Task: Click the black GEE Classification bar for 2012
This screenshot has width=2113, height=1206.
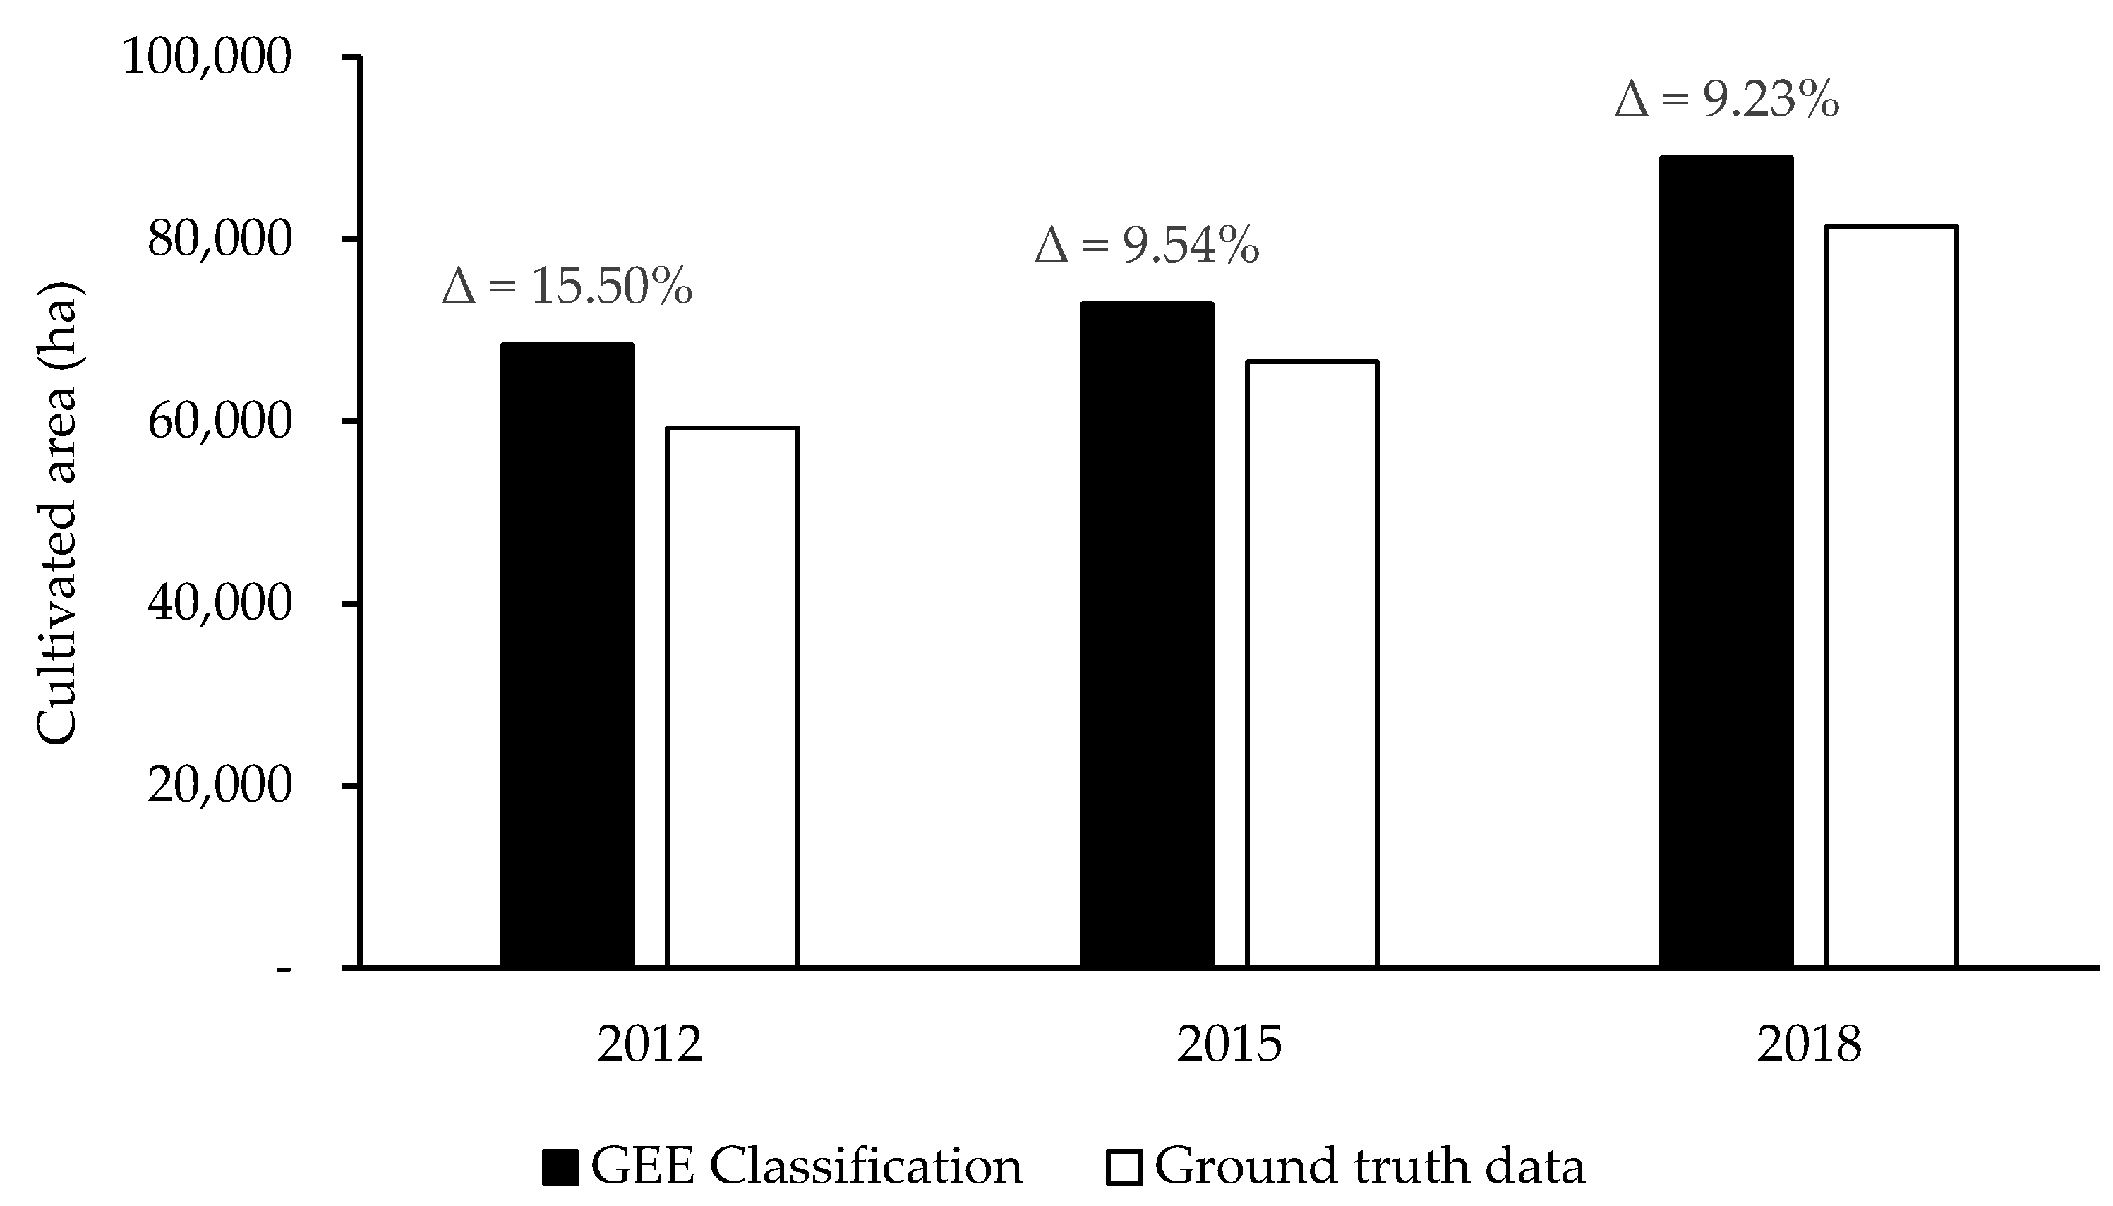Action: point(567,654)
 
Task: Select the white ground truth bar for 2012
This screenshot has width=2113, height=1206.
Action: point(733,697)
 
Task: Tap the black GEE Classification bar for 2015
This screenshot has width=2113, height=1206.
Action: point(1148,634)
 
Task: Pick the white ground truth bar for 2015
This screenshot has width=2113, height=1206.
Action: point(1312,663)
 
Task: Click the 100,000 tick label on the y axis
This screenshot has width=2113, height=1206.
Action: point(207,58)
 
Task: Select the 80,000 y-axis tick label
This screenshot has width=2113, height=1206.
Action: point(219,239)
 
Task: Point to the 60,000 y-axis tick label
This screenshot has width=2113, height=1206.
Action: point(219,421)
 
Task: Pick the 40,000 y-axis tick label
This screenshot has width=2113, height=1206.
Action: point(219,604)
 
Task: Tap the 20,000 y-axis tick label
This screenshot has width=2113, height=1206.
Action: point(219,785)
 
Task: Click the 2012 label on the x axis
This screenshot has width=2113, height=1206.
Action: point(649,1045)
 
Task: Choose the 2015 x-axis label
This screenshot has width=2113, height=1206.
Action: point(1229,1045)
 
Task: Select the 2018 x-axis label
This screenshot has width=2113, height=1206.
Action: point(1809,1045)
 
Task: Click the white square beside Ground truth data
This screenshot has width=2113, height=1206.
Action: point(1124,1167)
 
